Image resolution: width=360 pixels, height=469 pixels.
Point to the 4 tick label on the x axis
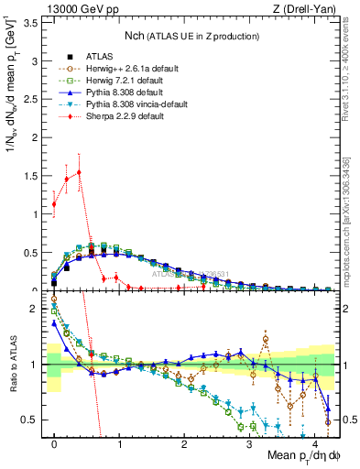[x=314, y=446]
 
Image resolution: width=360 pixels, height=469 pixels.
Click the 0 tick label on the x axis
[x=54, y=446]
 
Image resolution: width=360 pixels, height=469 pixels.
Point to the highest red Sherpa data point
[x=80, y=172]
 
